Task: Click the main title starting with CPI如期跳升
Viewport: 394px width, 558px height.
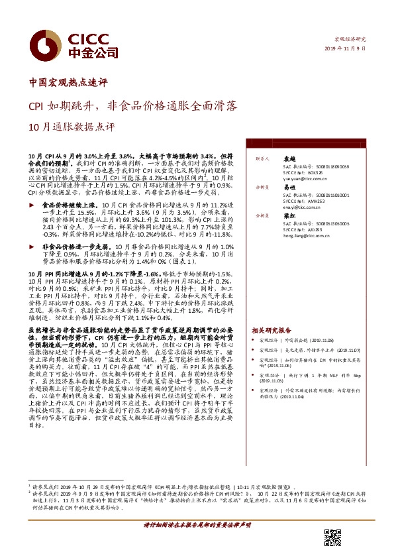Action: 132,105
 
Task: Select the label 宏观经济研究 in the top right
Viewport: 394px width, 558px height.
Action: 351,40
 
